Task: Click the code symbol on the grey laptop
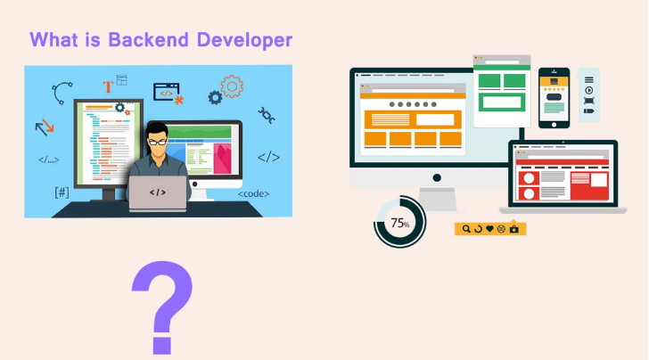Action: [158, 192]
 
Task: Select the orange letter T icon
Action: [108, 86]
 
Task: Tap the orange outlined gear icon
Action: [232, 86]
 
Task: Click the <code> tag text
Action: [253, 193]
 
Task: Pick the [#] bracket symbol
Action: [62, 192]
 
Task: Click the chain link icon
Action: [266, 115]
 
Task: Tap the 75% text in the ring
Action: [399, 223]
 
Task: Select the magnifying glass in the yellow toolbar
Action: [465, 229]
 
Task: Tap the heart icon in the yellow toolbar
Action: [489, 229]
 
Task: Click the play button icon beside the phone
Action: [589, 90]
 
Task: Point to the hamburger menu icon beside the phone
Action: [589, 79]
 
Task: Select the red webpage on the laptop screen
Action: [563, 184]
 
